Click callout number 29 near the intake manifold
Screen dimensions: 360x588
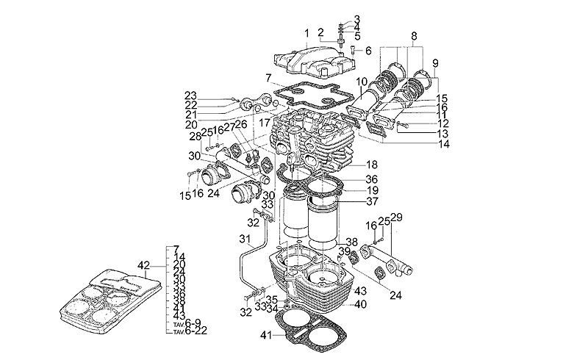[398, 217]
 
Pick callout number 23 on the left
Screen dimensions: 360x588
[191, 96]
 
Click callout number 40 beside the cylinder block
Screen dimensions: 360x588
[361, 304]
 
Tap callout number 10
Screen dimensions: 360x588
[362, 82]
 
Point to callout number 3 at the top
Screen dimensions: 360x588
[357, 18]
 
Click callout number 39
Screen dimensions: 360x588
[343, 251]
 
